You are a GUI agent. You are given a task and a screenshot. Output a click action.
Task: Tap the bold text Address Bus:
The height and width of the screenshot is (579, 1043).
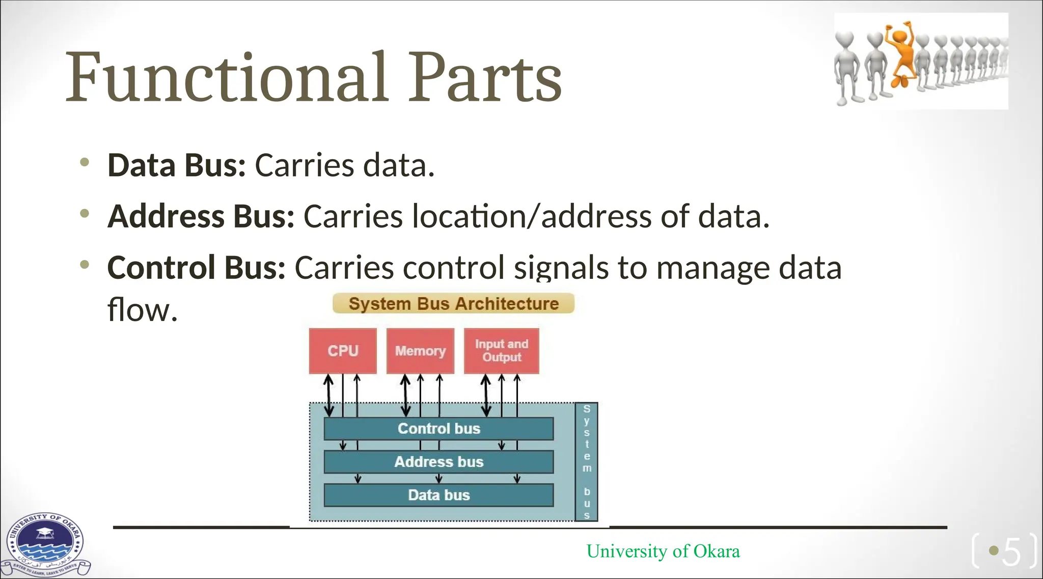201,216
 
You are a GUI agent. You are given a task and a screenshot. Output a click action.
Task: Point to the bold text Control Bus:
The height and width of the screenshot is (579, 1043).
196,268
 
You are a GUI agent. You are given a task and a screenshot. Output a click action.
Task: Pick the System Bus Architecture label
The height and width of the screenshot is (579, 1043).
453,303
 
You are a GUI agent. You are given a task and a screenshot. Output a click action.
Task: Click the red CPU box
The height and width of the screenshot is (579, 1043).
343,351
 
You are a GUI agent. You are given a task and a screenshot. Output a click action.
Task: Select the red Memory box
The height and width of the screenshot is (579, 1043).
420,351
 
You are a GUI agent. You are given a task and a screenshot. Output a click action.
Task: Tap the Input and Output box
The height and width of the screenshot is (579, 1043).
501,351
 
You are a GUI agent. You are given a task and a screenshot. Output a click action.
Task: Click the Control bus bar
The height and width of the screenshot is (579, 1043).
438,428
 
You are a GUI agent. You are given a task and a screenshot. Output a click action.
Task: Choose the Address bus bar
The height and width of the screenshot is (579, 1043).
438,461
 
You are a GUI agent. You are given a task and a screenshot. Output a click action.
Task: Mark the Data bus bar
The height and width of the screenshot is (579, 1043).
438,495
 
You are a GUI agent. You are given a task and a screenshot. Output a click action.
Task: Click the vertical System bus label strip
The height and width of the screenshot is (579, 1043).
586,461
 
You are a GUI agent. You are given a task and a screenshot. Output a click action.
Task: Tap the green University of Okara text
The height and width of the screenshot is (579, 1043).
663,551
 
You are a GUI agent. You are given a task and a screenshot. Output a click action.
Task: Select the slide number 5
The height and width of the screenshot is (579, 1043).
1011,551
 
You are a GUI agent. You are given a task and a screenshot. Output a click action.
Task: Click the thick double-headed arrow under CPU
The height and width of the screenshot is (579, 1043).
329,395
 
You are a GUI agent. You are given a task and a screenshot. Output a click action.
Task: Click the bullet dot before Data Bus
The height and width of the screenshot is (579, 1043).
85,162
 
